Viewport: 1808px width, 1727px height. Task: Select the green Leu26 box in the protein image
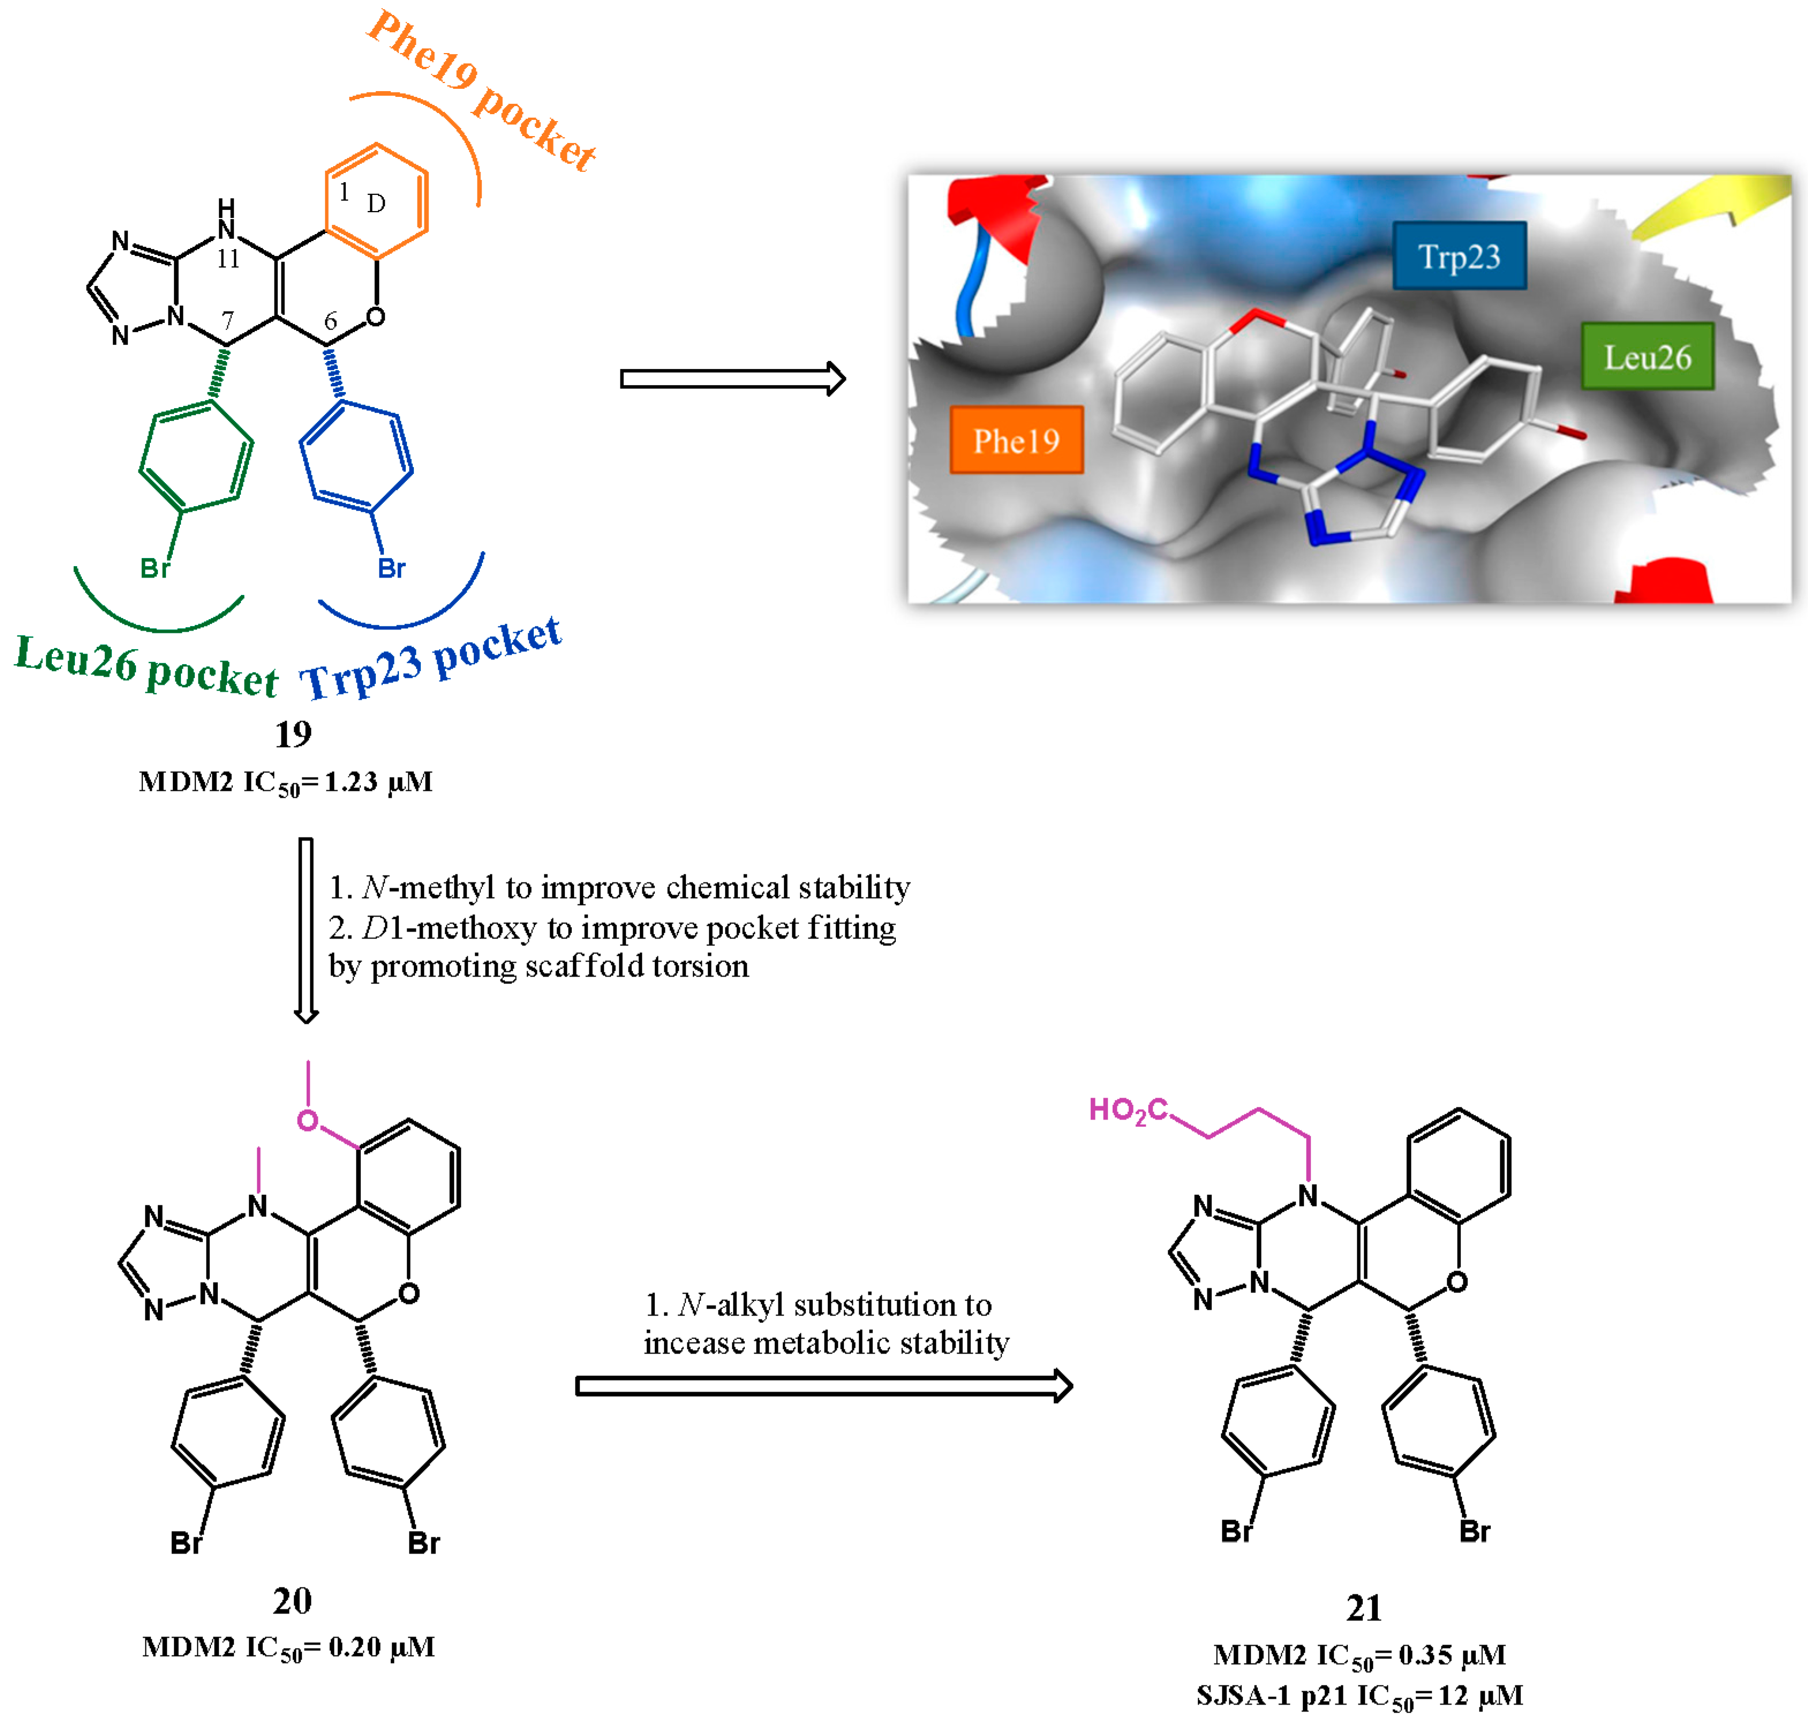tap(1647, 356)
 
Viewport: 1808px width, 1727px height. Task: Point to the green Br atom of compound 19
tap(155, 568)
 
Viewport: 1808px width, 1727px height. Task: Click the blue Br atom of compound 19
tap(391, 568)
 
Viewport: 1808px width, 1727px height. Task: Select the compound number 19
tap(293, 734)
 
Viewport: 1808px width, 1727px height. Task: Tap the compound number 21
tap(1363, 1608)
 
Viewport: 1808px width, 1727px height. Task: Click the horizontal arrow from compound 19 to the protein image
tap(732, 378)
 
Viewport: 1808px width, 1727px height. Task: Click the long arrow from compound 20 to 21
tap(824, 1386)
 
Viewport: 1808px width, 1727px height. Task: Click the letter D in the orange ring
tap(375, 203)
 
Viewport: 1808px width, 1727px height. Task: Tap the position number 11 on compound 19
tap(227, 259)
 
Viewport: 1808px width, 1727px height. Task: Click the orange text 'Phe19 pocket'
tap(480, 91)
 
